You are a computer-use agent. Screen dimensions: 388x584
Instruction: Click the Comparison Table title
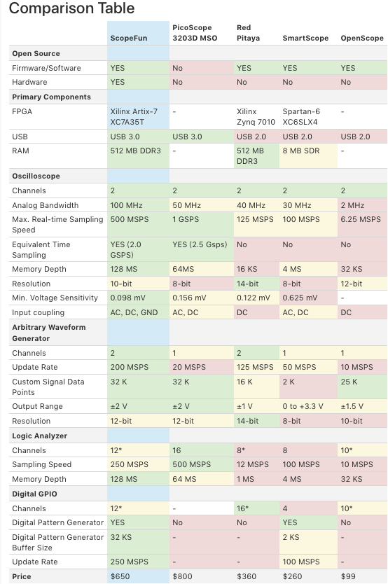click(71, 8)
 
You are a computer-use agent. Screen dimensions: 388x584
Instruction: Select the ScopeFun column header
click(128, 38)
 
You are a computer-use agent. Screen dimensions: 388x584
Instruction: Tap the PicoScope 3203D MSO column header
click(195, 33)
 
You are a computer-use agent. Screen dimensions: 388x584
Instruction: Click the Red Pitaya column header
click(248, 33)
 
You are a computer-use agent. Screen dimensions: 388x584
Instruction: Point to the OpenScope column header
click(362, 38)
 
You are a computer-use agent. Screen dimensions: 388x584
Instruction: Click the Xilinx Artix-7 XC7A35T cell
click(134, 116)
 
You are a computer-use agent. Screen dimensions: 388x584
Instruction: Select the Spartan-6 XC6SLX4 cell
click(301, 116)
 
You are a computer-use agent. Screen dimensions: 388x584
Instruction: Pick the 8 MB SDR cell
click(301, 151)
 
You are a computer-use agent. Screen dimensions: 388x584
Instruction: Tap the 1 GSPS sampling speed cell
click(186, 219)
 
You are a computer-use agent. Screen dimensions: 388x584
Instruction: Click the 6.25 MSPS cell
click(361, 219)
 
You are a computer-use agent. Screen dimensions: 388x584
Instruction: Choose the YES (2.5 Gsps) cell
click(200, 244)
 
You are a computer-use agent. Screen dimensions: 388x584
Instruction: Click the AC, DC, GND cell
click(134, 312)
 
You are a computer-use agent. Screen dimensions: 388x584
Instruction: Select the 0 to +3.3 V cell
click(303, 406)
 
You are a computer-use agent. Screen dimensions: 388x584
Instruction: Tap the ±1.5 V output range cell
click(352, 406)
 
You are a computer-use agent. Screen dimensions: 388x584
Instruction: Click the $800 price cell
click(183, 576)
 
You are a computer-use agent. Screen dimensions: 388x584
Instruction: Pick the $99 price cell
click(348, 576)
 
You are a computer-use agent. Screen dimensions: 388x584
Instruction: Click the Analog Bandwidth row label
click(46, 205)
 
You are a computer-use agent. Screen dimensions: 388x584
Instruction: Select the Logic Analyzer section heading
click(39, 436)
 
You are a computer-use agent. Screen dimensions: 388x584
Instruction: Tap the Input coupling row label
click(38, 312)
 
